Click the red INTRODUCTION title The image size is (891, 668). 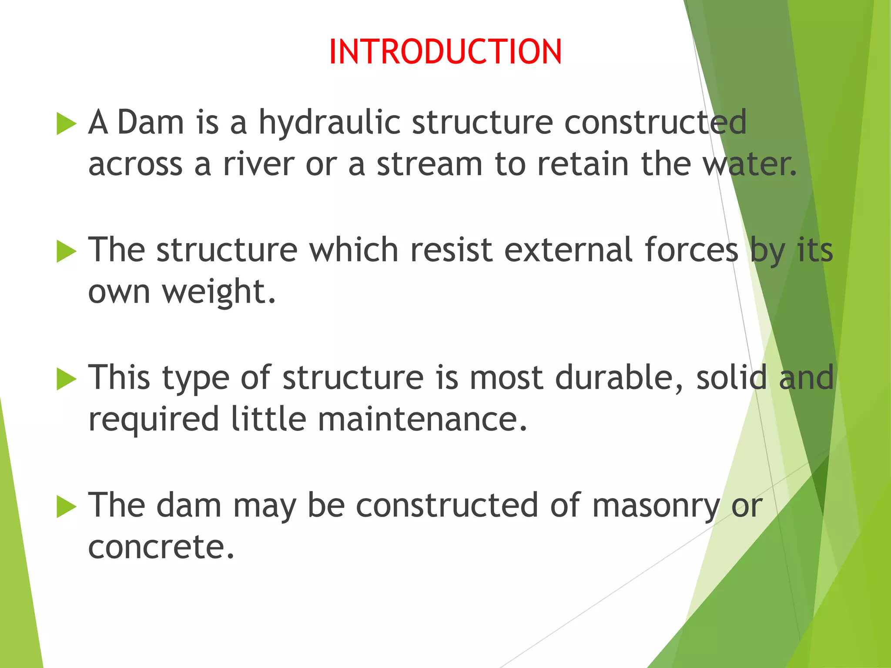tap(445, 52)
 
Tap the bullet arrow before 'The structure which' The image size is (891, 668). tap(67, 252)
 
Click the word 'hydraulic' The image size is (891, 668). tap(329, 123)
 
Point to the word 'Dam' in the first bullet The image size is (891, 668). tap(151, 122)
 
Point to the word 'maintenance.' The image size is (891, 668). tap(422, 419)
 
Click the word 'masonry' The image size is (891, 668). tap(656, 506)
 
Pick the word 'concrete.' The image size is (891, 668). tap(161, 547)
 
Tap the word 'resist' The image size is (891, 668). tap(451, 250)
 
